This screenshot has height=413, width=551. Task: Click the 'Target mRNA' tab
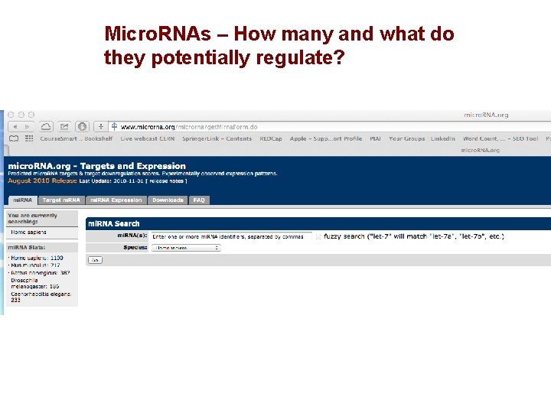(x=61, y=200)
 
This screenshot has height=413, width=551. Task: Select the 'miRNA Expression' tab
(x=116, y=200)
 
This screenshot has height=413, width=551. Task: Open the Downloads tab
(x=168, y=200)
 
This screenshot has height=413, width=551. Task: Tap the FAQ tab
(x=199, y=200)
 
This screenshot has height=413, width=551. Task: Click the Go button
(x=95, y=260)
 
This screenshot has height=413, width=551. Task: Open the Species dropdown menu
(x=185, y=247)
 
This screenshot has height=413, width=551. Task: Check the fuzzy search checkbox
(x=318, y=237)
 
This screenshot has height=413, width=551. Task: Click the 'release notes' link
(x=167, y=181)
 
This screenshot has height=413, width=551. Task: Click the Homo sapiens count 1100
(x=57, y=259)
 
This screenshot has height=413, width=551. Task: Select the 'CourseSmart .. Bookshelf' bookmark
(x=76, y=139)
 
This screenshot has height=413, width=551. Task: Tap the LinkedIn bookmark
(x=442, y=139)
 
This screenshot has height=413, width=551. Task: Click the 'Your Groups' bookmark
(x=406, y=139)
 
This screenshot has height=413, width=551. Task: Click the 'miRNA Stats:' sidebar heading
(x=27, y=248)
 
